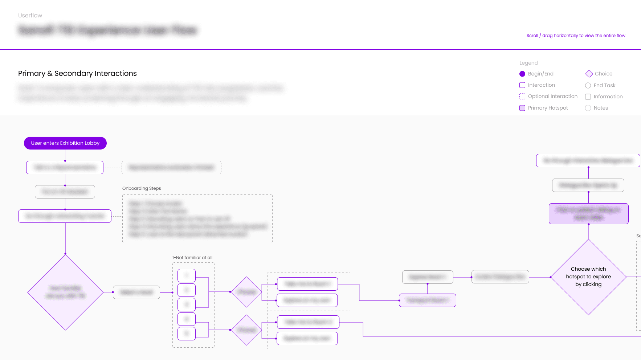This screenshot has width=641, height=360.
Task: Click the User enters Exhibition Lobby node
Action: (x=65, y=143)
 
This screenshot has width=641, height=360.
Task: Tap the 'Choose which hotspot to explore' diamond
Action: (x=588, y=277)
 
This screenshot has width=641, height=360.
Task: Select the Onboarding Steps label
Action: (x=142, y=188)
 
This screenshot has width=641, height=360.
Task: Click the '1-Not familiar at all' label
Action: (x=192, y=258)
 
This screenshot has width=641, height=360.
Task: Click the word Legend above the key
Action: (x=528, y=63)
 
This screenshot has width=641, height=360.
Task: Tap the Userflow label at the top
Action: (x=30, y=15)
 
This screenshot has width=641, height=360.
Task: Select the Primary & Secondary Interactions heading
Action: (x=77, y=73)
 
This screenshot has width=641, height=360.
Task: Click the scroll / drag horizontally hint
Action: (x=576, y=36)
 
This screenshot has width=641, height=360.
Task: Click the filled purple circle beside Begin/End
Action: (x=522, y=74)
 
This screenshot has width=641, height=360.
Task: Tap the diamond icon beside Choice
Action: (x=589, y=74)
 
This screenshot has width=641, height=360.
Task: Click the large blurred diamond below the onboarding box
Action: (x=65, y=292)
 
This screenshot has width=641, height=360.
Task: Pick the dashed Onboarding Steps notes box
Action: (x=197, y=218)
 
